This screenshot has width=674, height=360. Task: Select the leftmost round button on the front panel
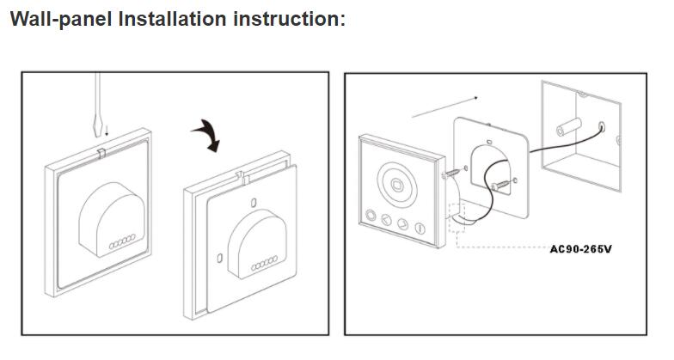[x=369, y=218]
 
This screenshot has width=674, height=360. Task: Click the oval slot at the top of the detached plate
[x=254, y=203]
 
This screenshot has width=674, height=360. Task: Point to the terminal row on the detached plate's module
[x=260, y=265]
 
